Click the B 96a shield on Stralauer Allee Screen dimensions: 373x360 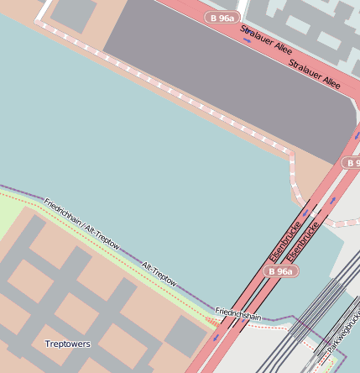tap(222, 17)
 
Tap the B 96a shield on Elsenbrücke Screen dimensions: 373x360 tap(280, 271)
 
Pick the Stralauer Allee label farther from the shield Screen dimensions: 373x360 tap(315, 74)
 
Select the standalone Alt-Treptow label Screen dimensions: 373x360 tap(159, 275)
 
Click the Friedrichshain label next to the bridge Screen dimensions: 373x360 tap(238, 315)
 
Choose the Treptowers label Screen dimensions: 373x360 tap(67, 344)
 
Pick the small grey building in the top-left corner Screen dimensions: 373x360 tap(72, 13)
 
